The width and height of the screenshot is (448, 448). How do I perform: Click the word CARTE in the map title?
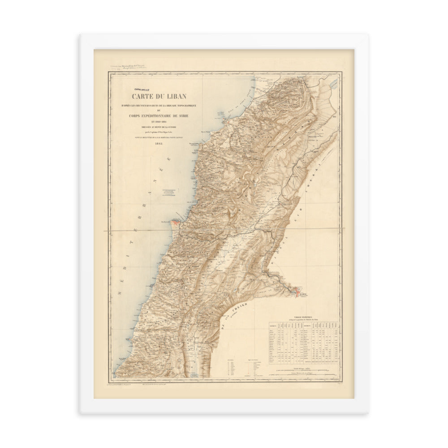(x=145, y=95)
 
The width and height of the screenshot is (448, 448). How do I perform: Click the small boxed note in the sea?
(x=169, y=192)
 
